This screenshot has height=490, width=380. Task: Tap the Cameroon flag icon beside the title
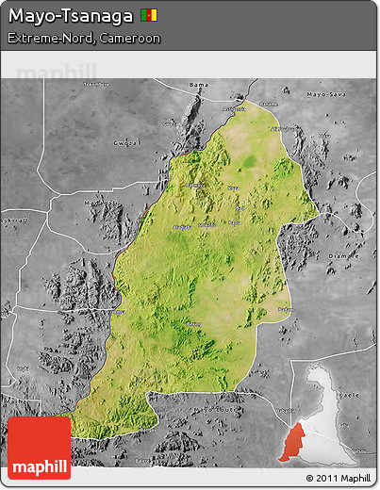coord(149,16)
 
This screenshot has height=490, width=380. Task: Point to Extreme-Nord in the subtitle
coord(46,39)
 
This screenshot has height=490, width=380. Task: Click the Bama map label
coord(198,86)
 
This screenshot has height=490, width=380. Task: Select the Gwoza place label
coord(125,143)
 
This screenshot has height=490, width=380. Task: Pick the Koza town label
coord(232,188)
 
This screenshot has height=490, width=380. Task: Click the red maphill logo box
coord(39,449)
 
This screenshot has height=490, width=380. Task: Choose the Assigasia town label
coord(233,108)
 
